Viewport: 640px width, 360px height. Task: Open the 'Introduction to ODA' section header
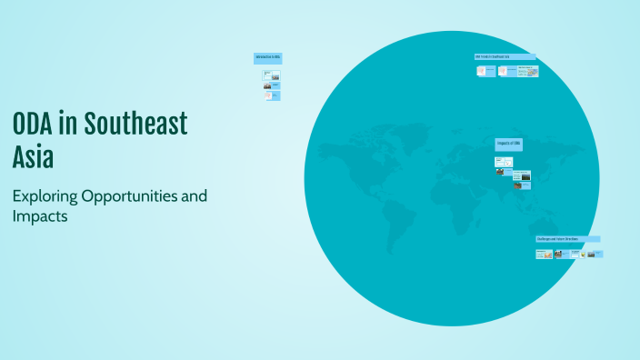click(x=267, y=57)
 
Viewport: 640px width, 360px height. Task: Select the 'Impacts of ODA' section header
click(x=508, y=144)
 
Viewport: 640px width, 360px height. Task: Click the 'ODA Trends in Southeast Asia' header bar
click(x=505, y=57)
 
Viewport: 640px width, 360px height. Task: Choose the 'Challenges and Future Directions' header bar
click(x=567, y=239)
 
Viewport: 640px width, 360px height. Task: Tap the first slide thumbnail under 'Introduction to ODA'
click(x=271, y=75)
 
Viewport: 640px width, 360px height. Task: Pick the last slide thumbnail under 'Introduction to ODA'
click(x=272, y=95)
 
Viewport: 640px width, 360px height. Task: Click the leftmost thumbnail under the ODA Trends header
click(x=482, y=70)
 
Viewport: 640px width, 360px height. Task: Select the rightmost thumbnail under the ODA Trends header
click(x=527, y=70)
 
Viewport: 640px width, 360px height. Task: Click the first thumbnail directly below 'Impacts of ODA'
click(x=504, y=162)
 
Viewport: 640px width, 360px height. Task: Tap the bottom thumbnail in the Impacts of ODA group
click(x=522, y=185)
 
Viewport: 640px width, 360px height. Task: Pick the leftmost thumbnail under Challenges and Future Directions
click(x=543, y=255)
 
